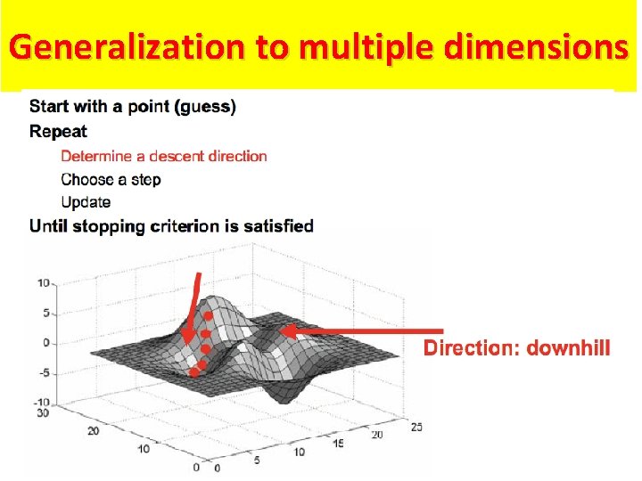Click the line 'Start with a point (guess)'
click(133, 107)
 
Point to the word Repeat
click(58, 132)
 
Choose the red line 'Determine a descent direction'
click(164, 156)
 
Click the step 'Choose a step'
click(111, 179)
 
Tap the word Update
click(86, 202)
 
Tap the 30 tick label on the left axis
click(39, 412)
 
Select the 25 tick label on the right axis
click(416, 427)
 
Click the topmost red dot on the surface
click(207, 316)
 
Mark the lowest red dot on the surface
click(194, 372)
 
